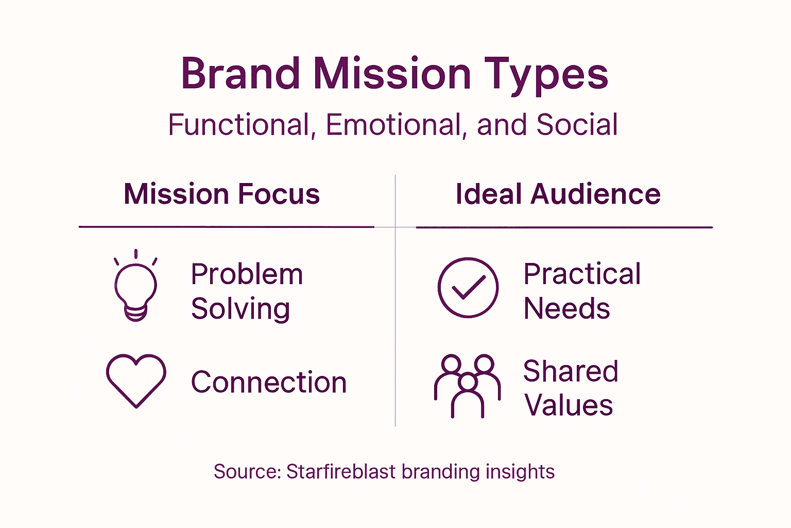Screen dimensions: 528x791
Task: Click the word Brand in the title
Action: (240, 74)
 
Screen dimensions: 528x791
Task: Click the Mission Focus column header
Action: (222, 194)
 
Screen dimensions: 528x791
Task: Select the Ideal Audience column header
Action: (558, 194)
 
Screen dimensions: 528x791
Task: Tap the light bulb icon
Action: (135, 287)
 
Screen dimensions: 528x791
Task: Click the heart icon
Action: (136, 380)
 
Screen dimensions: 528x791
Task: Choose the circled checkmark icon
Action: (468, 287)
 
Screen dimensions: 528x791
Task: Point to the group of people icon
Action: (467, 385)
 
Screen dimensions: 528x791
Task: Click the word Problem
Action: (247, 274)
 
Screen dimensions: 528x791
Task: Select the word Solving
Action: (240, 309)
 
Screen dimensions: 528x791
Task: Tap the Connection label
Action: (269, 383)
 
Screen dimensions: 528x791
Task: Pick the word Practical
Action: (582, 274)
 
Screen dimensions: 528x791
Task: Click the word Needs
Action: (566, 309)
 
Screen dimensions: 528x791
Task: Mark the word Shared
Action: (571, 371)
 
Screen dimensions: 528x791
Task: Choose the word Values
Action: (569, 405)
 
